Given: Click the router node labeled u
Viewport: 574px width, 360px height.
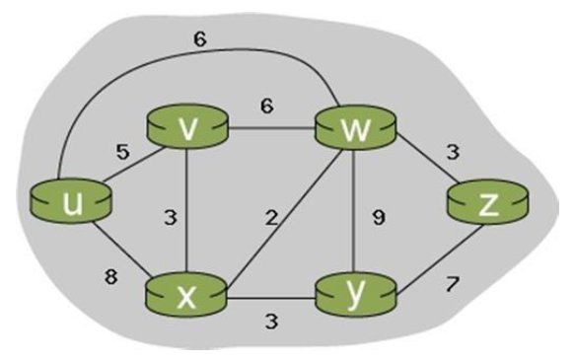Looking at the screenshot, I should (71, 202).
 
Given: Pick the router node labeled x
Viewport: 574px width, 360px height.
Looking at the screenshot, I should (186, 295).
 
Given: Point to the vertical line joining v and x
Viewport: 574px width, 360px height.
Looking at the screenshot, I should (187, 212).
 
